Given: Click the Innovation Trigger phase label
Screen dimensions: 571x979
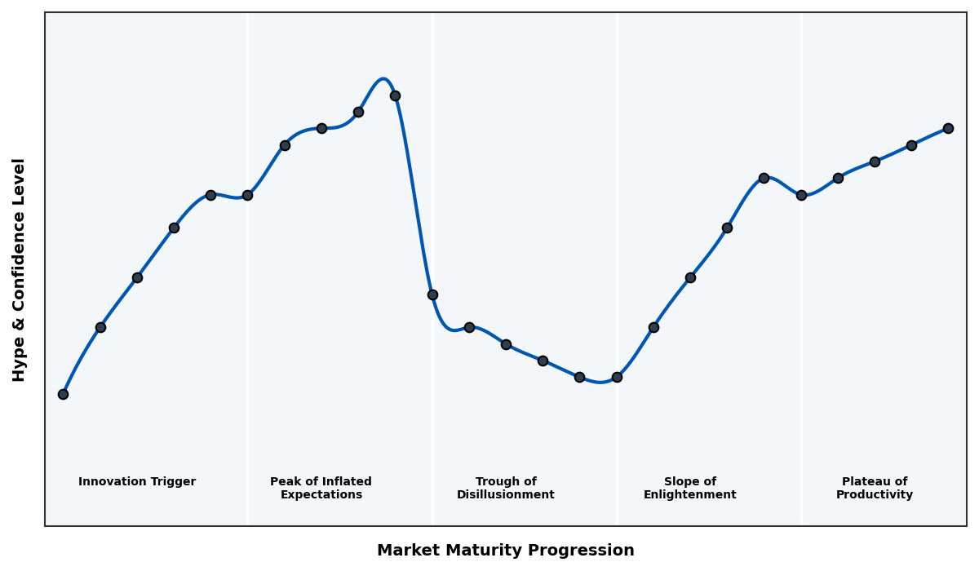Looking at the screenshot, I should click(x=137, y=482).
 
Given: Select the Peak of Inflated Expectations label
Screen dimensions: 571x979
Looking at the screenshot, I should click(x=321, y=488).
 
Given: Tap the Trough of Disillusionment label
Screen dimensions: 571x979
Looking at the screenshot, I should click(x=506, y=488).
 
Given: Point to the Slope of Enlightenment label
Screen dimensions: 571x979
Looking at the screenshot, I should click(x=690, y=488).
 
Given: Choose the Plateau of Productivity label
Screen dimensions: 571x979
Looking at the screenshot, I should click(x=875, y=488).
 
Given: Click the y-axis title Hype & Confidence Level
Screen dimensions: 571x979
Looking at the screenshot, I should click(x=20, y=269).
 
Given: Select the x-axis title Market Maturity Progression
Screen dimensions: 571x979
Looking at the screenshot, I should click(x=506, y=551).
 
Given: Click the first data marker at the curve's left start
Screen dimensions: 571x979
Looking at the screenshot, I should click(x=63, y=394).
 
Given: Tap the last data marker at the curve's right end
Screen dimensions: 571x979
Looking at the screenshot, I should click(x=948, y=128).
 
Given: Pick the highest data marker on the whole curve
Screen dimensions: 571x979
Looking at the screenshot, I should click(x=395, y=95).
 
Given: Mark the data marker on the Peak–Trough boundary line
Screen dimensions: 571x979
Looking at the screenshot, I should click(x=432, y=294).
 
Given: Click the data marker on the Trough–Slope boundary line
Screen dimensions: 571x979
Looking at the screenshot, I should click(x=617, y=377).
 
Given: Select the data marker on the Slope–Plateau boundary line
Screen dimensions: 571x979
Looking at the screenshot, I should click(x=801, y=195).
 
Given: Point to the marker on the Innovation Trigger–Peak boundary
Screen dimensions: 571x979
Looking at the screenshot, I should click(x=247, y=195).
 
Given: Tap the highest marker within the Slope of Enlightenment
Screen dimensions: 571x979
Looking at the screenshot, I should click(x=764, y=178).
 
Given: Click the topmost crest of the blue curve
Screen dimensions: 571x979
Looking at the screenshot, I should click(x=383, y=79).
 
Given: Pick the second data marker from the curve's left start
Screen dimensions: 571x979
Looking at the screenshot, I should click(x=100, y=327).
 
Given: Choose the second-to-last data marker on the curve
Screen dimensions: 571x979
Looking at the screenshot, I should click(x=911, y=145).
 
